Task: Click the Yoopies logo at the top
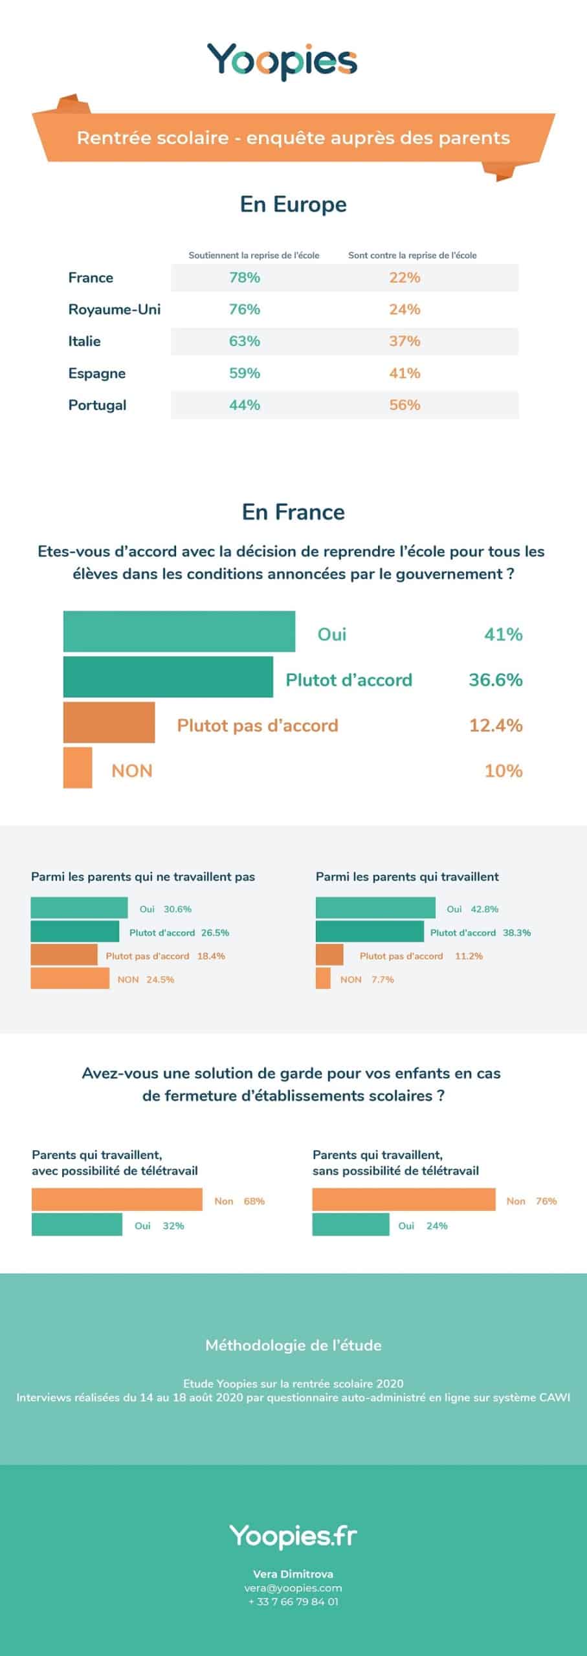(282, 61)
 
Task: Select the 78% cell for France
(245, 278)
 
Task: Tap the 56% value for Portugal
(404, 405)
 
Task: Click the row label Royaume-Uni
(114, 309)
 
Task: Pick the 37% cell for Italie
(404, 341)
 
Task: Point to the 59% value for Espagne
(245, 373)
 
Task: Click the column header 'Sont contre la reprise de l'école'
(412, 256)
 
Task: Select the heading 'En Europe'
(293, 204)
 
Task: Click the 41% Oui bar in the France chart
(179, 631)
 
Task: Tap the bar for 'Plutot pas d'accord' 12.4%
(109, 722)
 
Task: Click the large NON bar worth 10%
(78, 768)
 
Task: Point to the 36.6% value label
(495, 680)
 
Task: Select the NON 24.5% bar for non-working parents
(70, 979)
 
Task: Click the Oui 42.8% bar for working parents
(375, 908)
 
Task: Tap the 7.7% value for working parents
(382, 979)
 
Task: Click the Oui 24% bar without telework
(351, 1225)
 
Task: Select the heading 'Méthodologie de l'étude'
(293, 1345)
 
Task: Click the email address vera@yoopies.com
(293, 1587)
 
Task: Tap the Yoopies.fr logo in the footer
(293, 1536)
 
